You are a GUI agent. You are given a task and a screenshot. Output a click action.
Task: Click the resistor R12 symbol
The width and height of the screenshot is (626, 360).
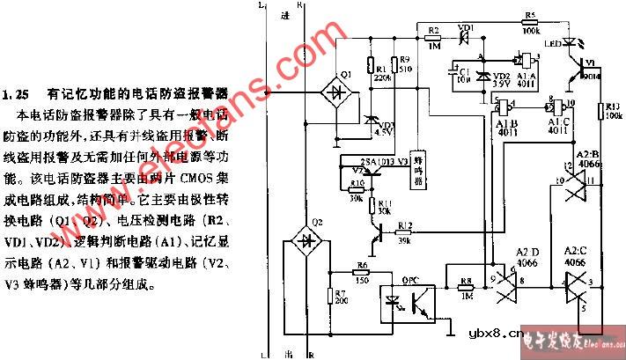(405, 231)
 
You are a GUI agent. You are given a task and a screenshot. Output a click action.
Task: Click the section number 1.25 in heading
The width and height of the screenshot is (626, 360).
(18, 92)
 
